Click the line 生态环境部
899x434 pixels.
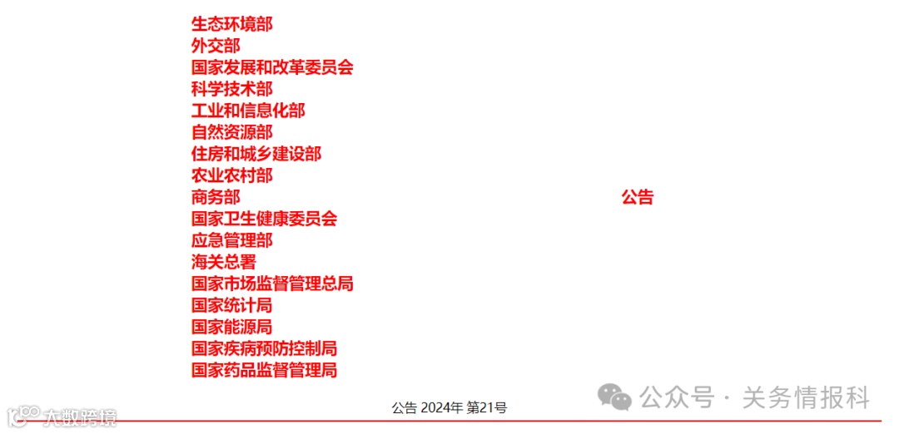(x=231, y=24)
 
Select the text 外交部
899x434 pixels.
(x=216, y=46)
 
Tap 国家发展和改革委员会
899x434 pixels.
(x=272, y=67)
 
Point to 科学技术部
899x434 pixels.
(x=231, y=89)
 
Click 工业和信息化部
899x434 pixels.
(x=248, y=111)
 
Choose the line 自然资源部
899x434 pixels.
(x=231, y=132)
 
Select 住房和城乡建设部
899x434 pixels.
(x=256, y=154)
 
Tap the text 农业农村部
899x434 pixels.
(x=231, y=175)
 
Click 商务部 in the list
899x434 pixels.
(x=216, y=197)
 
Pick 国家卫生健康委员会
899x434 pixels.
(x=264, y=219)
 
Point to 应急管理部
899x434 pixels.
(x=231, y=240)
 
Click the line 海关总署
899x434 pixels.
(x=224, y=262)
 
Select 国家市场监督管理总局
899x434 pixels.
(x=272, y=284)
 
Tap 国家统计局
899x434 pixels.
(x=231, y=305)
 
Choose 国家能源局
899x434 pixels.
(x=231, y=327)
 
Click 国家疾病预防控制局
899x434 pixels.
(x=264, y=348)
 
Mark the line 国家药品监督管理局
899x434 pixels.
(x=264, y=370)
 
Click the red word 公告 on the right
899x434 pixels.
(x=638, y=197)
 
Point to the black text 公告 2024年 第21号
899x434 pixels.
(x=449, y=407)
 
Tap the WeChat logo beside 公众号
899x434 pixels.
(x=616, y=397)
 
